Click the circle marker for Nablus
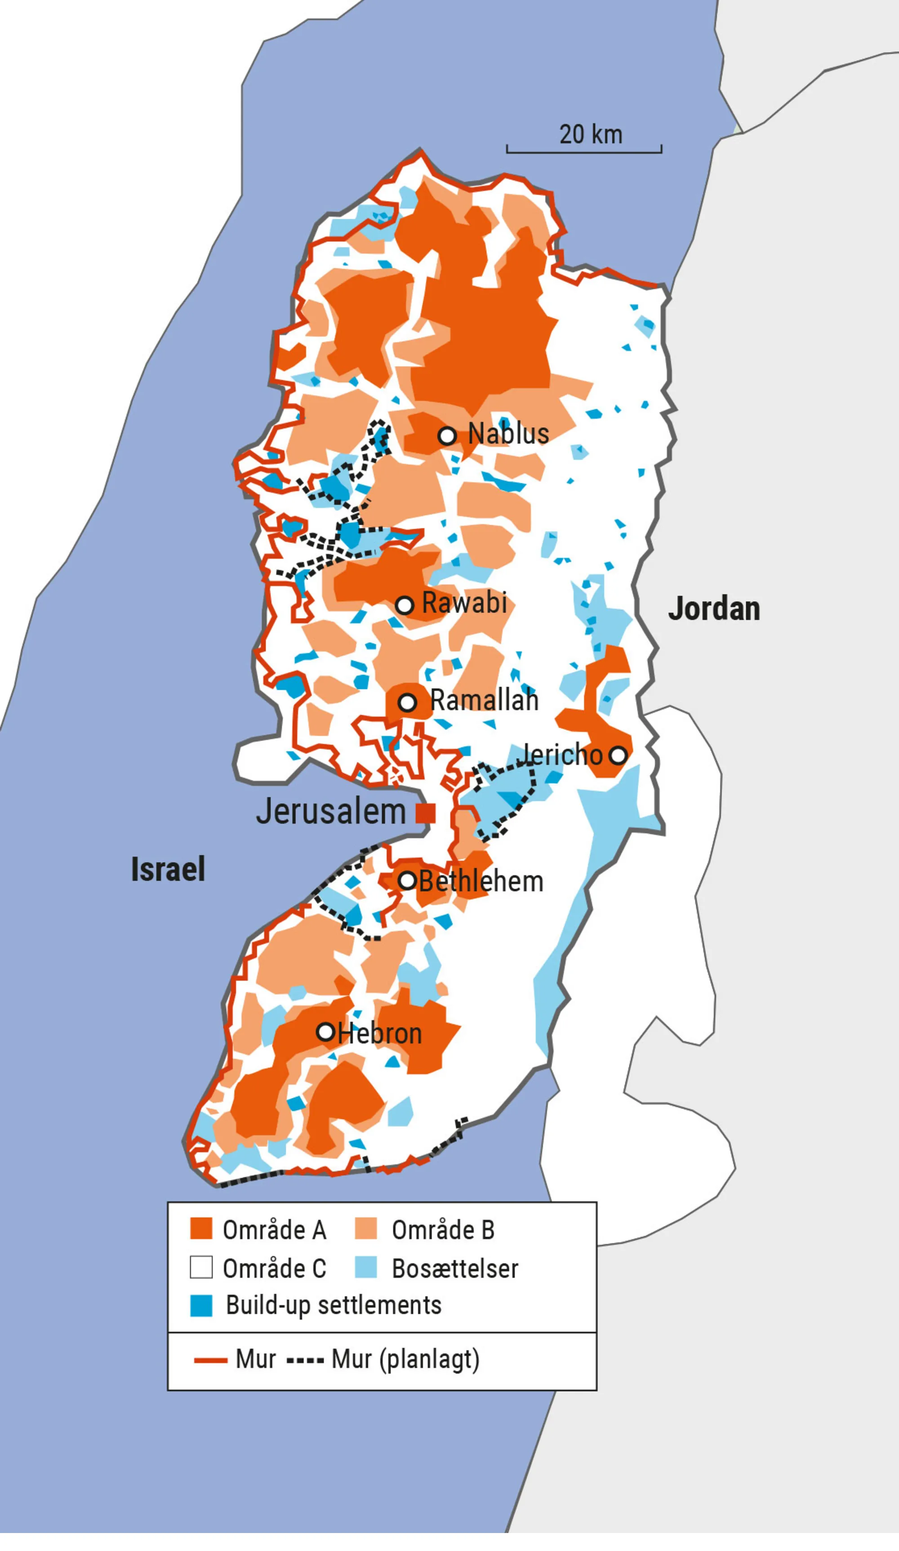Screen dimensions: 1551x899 447,436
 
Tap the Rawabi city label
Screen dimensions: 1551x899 464,603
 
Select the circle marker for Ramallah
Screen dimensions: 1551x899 407,702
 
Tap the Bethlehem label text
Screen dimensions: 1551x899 481,882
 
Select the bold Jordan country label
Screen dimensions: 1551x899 714,609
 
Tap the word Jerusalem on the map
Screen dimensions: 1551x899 331,811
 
